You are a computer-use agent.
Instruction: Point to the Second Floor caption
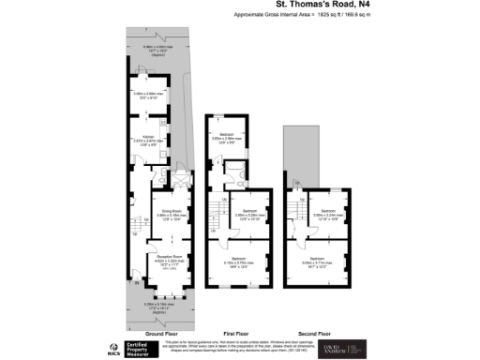coord(314,334)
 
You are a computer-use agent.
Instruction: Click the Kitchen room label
coord(148,137)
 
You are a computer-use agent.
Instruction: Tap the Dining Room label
coord(169,212)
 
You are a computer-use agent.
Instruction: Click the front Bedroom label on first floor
coord(239,262)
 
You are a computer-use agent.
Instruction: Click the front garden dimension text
coord(157,305)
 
